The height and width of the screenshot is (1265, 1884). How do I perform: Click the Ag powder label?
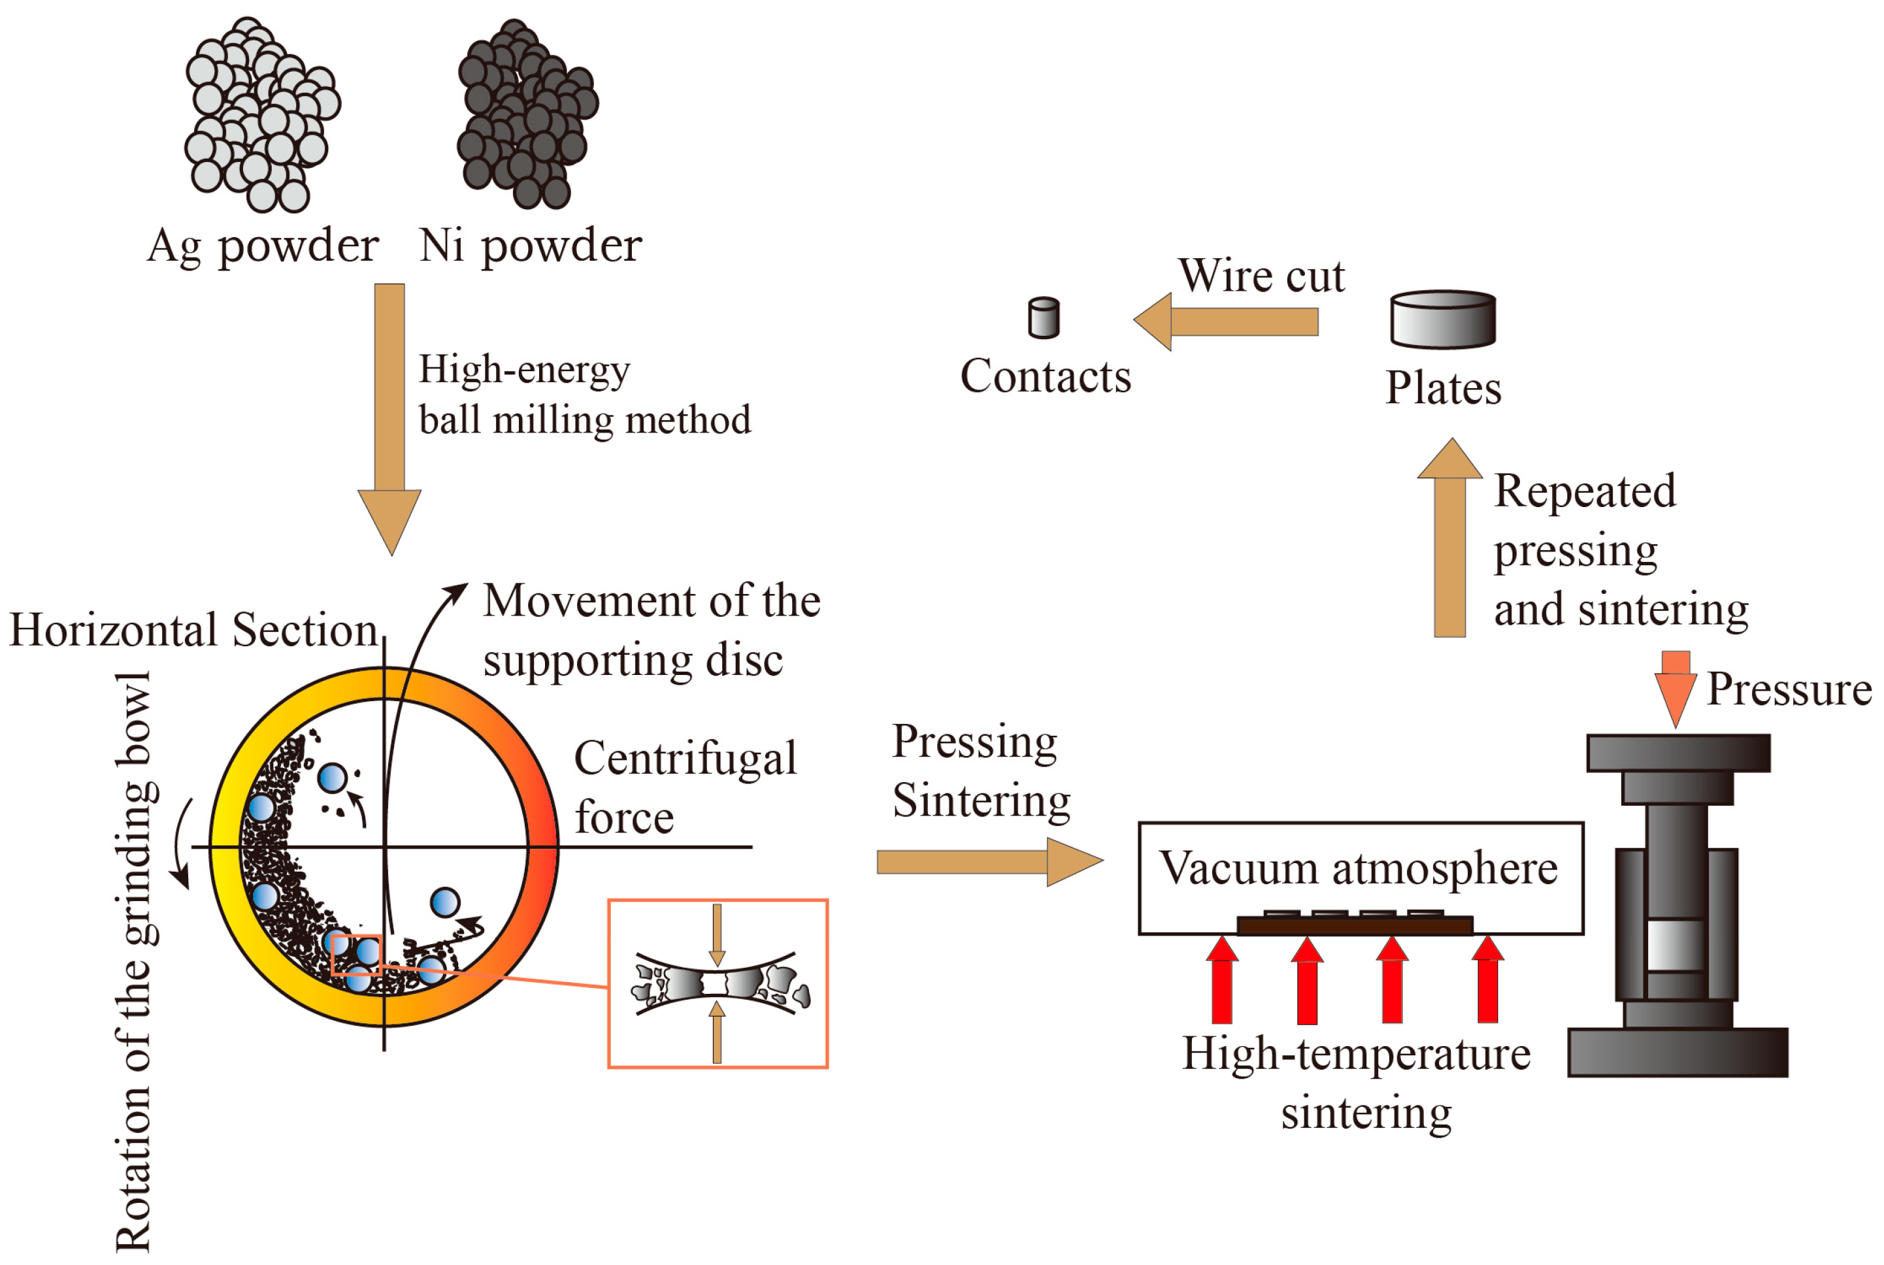262,246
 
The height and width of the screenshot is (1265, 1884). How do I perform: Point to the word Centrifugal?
684,759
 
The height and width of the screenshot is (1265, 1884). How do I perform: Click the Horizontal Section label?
193,630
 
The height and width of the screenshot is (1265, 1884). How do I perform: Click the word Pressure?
1788,690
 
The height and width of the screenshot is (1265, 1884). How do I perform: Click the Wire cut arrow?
1227,322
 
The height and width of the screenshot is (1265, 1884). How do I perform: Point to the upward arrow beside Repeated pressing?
1449,540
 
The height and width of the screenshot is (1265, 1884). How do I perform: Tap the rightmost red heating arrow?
1487,979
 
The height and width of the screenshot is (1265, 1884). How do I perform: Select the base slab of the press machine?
1677,1052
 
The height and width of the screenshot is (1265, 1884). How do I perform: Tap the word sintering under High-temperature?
1366,1113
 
